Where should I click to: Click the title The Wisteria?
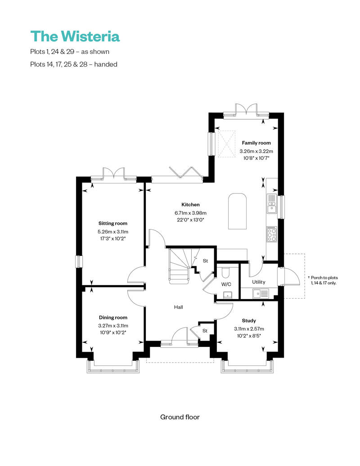point(75,36)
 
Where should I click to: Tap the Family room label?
point(256,143)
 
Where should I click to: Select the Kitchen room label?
point(190,205)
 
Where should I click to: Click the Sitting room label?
point(112,223)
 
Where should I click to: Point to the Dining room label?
point(112,318)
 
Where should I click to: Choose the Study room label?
point(249,321)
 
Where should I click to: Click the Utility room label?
point(259,282)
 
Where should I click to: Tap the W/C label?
point(226,284)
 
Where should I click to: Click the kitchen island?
point(238,211)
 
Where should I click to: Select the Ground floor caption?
point(180,417)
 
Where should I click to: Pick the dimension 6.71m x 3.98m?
point(190,213)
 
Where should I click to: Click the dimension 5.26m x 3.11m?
point(112,232)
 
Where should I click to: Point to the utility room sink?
point(260,294)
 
